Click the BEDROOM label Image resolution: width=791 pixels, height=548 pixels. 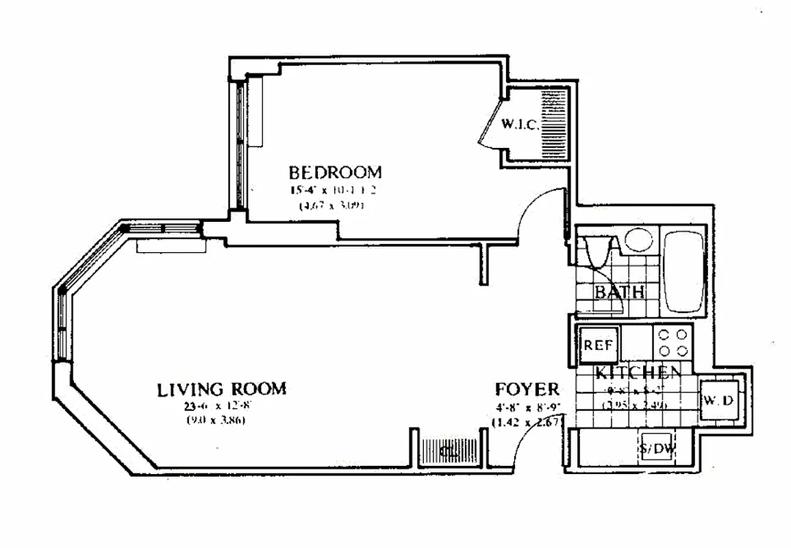(335, 171)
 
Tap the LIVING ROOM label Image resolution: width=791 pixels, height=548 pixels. (222, 390)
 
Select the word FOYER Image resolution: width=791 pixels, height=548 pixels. (527, 390)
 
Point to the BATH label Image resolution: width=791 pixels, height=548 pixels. (619, 292)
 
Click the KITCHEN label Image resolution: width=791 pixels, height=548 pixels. (638, 373)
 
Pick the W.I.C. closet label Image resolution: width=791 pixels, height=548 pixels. (521, 125)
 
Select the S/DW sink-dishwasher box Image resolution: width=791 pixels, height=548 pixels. (658, 449)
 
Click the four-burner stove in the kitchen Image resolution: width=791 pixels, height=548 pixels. (673, 342)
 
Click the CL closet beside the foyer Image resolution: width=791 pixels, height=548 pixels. (449, 451)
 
